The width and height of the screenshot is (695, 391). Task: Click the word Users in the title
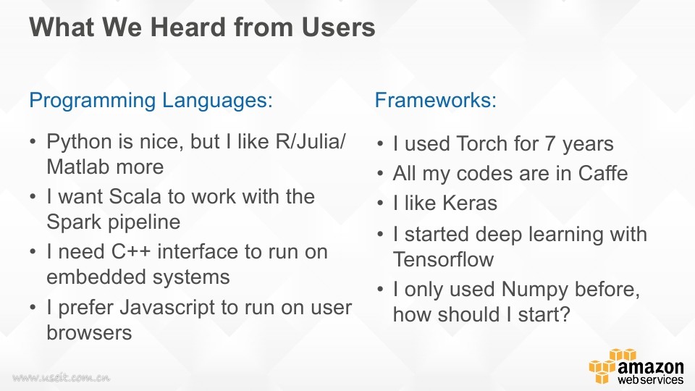338,27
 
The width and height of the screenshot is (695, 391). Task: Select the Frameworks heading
436,100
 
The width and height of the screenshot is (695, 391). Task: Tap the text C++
131,252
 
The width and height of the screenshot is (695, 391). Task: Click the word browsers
89,332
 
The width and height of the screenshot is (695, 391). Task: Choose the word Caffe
603,173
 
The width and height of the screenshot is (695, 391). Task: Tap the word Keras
470,203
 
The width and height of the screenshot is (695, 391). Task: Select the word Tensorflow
443,259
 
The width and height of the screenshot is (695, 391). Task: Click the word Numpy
534,290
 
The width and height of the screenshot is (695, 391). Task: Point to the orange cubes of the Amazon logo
609,366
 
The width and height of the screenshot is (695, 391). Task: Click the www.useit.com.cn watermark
61,378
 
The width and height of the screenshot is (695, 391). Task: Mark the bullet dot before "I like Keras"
380,203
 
